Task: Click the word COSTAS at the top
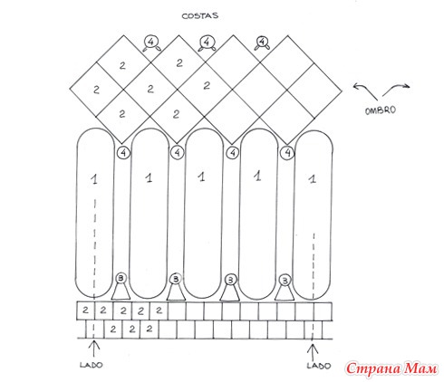(199, 15)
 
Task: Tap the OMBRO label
(381, 110)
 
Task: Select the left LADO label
(92, 365)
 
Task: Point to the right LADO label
(319, 366)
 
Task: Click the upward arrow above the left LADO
(94, 349)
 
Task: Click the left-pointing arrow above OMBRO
(365, 91)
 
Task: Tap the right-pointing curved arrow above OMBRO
(396, 89)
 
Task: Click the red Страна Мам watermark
(391, 368)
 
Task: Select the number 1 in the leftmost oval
(94, 179)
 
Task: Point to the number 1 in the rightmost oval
(313, 179)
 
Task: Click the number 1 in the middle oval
(202, 177)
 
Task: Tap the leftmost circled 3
(121, 279)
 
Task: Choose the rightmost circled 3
(285, 281)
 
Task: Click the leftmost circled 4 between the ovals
(123, 153)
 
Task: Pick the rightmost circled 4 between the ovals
(287, 153)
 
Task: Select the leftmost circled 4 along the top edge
(152, 43)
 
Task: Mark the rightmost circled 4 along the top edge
(262, 43)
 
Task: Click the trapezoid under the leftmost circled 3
(121, 291)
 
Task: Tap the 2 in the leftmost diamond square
(96, 90)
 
